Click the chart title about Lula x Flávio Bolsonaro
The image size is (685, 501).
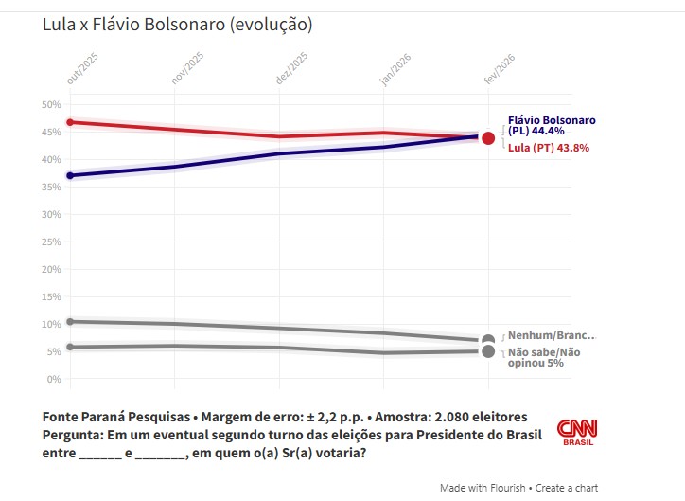click(177, 24)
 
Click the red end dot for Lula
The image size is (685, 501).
click(488, 138)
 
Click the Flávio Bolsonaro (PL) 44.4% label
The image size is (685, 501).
click(552, 127)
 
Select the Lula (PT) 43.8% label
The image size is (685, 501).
click(549, 148)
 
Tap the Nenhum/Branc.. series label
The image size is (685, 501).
click(553, 335)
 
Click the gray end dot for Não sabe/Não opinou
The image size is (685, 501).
click(488, 351)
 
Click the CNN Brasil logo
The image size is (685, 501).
click(577, 432)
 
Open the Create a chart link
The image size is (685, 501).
click(567, 488)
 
